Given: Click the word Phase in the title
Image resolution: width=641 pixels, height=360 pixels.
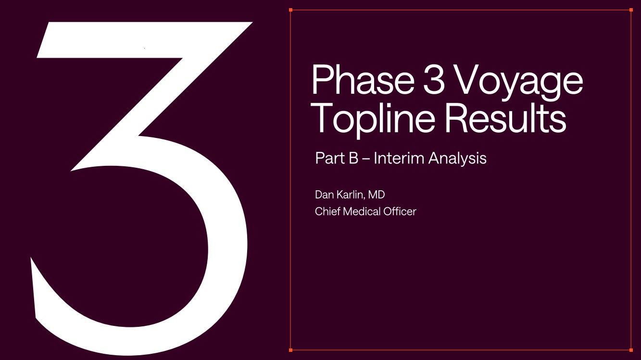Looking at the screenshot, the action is coord(363,79).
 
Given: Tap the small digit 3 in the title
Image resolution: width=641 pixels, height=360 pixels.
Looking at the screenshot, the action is coord(434,79).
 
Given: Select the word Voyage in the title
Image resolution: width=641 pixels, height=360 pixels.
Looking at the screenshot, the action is coord(518,83).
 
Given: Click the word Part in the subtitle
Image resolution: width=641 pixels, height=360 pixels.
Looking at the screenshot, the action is coord(330,158).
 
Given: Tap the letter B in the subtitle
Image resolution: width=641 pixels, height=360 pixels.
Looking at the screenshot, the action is coord(354,158).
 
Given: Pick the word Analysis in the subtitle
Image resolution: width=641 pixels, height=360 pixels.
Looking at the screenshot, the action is coord(457,159).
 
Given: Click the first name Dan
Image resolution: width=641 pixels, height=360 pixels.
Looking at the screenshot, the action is coord(325,195).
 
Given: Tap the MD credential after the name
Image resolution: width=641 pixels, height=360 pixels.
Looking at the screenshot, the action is coord(377,195).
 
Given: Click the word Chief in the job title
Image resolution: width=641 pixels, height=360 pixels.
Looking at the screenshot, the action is coord(327,211).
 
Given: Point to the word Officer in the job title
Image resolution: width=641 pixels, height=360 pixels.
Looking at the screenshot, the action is coord(400,211).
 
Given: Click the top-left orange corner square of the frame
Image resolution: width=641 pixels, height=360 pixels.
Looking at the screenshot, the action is coord(291,10).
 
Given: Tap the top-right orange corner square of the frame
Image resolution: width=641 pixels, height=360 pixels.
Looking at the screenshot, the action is coord(631,10).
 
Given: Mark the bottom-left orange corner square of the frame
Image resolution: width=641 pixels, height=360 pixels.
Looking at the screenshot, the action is coord(291,350).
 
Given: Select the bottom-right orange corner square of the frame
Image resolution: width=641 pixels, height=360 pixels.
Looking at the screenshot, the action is coord(631,350).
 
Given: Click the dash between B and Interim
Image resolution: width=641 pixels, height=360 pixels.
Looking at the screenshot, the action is coord(366,159).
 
